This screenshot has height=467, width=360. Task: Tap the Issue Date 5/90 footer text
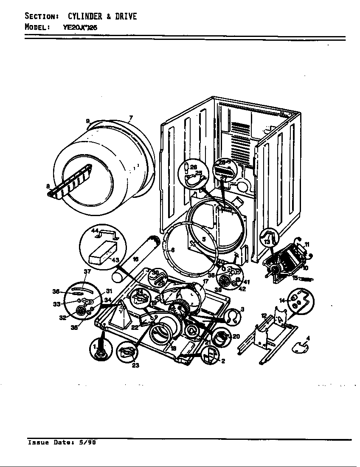coord(62,442)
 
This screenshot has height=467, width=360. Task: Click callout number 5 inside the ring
coord(204,239)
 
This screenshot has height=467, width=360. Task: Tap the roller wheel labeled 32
coord(80,312)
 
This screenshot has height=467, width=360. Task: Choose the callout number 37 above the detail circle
coord(87,271)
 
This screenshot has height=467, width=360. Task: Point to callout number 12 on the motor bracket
coord(263,316)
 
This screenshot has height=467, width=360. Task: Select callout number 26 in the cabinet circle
coord(194,167)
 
